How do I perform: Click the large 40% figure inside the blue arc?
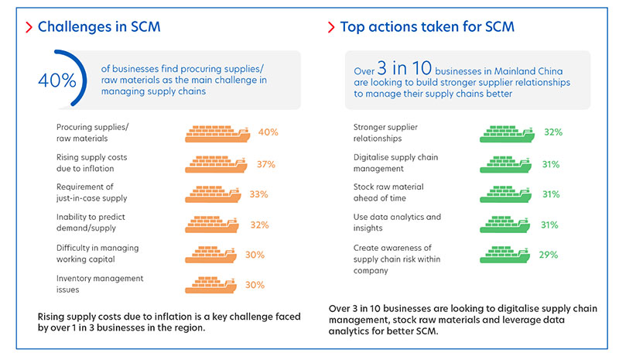(58, 80)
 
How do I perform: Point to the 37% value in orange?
(267, 164)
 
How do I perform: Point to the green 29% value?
(549, 254)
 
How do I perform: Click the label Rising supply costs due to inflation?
(92, 163)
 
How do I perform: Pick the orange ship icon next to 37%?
(216, 164)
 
